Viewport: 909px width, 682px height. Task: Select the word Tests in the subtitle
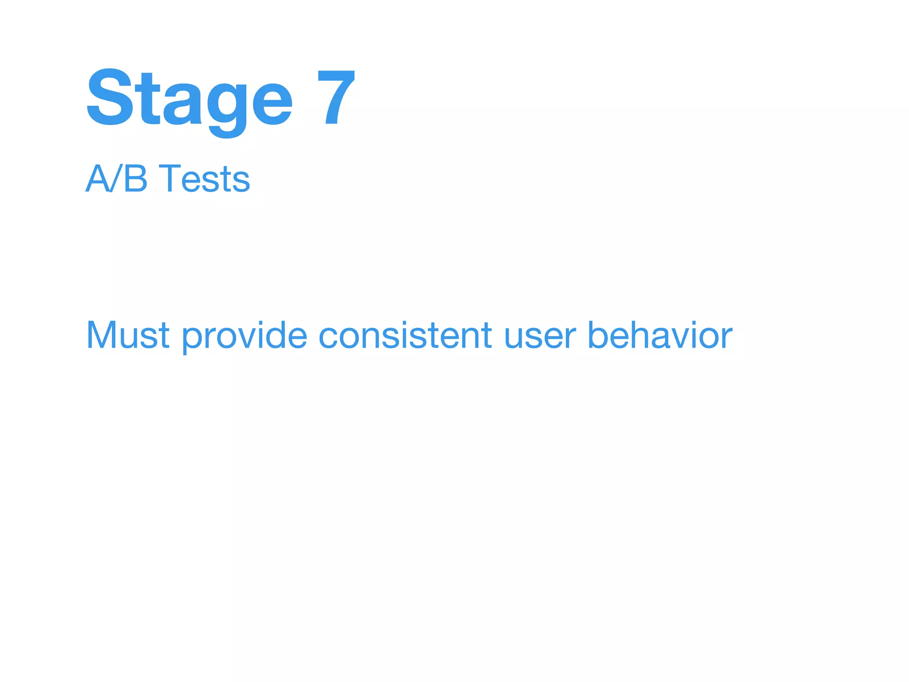205,178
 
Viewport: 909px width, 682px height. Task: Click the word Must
128,335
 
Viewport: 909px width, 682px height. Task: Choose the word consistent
405,335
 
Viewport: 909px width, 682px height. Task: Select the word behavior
660,335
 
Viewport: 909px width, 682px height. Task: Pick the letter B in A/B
135,178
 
